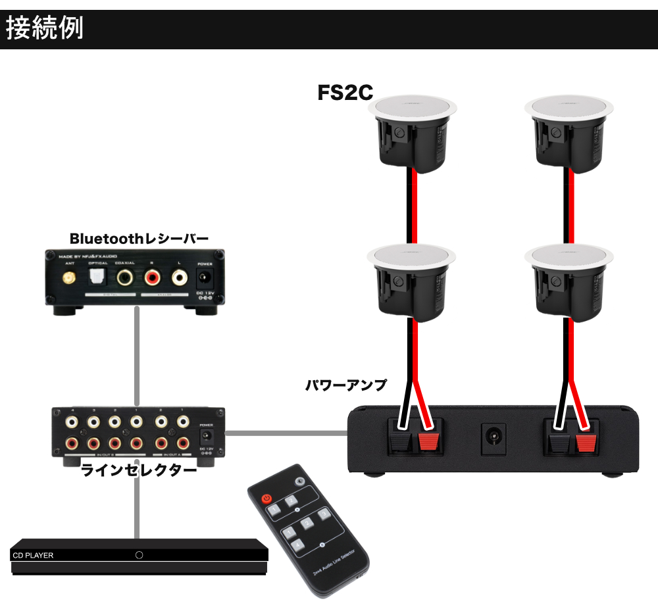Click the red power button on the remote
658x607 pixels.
(x=266, y=498)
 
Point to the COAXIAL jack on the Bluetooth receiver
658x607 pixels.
(x=124, y=278)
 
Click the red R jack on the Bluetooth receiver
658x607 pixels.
(x=152, y=278)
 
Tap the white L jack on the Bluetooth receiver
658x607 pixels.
(x=179, y=278)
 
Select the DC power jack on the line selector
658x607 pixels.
(x=205, y=436)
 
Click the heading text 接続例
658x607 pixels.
(x=45, y=30)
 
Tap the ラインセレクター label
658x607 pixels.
(x=139, y=471)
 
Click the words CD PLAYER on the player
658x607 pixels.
(x=34, y=556)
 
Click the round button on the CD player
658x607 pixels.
(x=139, y=555)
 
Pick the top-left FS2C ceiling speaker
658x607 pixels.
(x=412, y=135)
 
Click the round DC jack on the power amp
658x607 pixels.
(x=492, y=436)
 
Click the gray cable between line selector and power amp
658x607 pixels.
(x=286, y=433)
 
